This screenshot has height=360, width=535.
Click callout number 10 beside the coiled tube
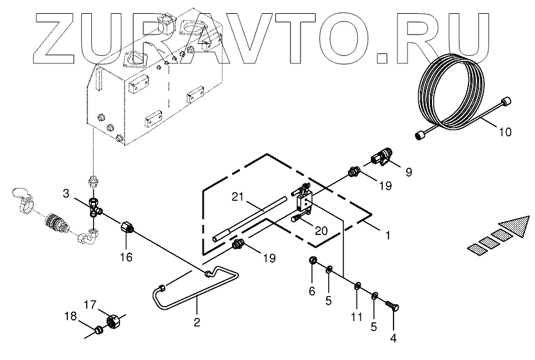[x=506, y=133]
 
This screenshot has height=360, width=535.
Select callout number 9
[x=409, y=171]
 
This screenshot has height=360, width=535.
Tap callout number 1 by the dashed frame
[x=389, y=236]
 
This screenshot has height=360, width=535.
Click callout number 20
[x=321, y=231]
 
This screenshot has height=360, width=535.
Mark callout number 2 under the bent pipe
[x=197, y=323]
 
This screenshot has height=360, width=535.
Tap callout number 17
[x=90, y=306]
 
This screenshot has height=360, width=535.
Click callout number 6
[x=311, y=291]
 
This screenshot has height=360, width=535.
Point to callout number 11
[x=356, y=317]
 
